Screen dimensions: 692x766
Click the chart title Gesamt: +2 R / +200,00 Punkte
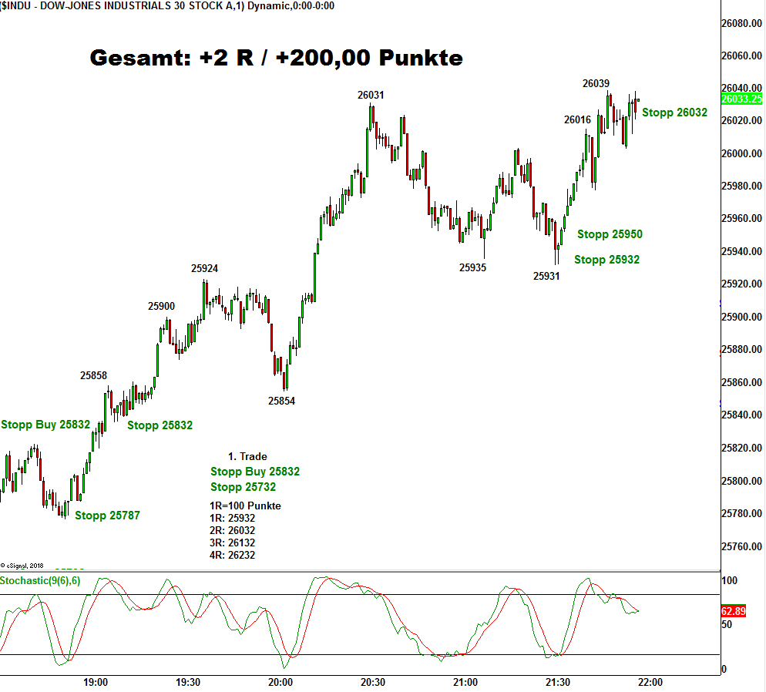tap(277, 58)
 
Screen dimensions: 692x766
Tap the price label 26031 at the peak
tap(371, 95)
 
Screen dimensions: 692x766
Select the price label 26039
tap(596, 83)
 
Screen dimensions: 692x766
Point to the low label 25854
tap(281, 401)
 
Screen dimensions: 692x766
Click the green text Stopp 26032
tap(674, 113)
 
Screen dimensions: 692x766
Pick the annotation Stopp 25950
tap(610, 234)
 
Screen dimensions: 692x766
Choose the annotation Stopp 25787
tap(107, 516)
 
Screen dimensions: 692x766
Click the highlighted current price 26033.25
tap(741, 99)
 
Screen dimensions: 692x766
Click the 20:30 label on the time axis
tap(373, 682)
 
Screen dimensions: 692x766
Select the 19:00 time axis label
tap(96, 682)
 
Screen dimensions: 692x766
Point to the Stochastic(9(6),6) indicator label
tap(40, 580)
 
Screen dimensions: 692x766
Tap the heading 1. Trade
tap(247, 456)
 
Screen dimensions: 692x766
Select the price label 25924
tap(205, 269)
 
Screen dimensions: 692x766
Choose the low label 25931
tap(546, 275)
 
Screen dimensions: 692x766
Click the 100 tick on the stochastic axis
tap(729, 580)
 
